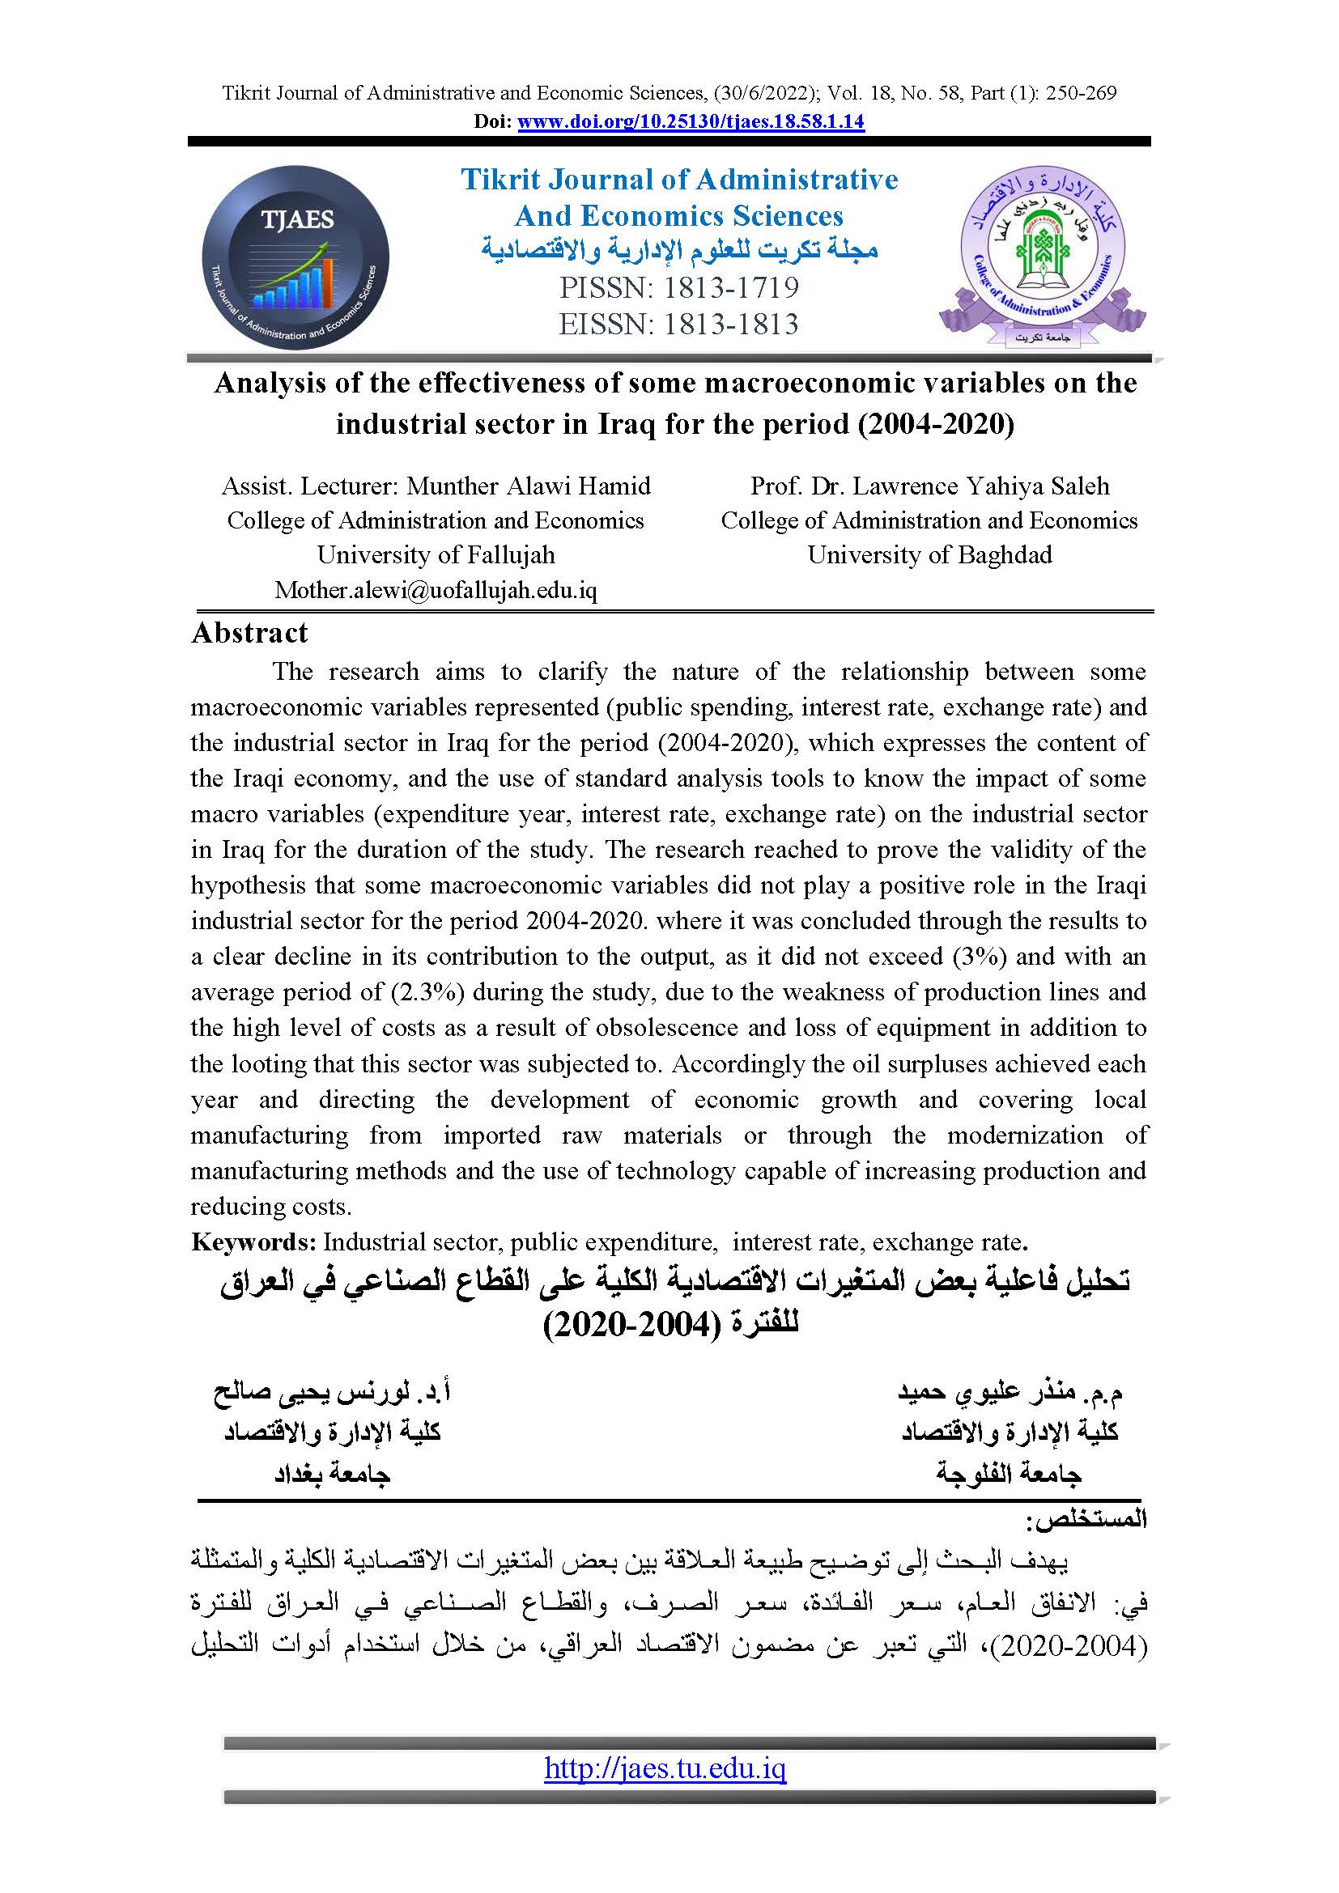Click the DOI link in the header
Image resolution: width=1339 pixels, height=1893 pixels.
[x=690, y=122]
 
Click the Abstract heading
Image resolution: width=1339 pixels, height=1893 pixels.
[x=249, y=632]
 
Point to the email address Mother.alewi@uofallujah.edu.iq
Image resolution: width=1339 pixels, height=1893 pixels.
[x=436, y=589]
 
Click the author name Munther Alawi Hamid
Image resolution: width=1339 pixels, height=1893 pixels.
[x=529, y=486]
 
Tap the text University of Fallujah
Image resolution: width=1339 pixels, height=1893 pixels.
[x=436, y=555]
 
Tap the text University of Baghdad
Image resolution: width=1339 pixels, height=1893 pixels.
[x=929, y=555]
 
